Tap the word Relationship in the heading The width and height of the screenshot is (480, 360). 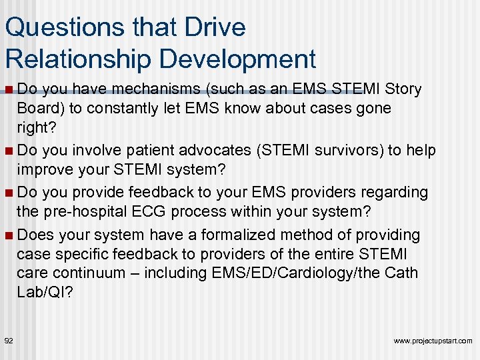(78, 59)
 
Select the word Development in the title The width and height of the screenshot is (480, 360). (235, 59)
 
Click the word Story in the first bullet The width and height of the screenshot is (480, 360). (404, 89)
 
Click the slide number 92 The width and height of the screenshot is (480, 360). (9, 341)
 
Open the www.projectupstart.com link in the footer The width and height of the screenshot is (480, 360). (433, 341)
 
